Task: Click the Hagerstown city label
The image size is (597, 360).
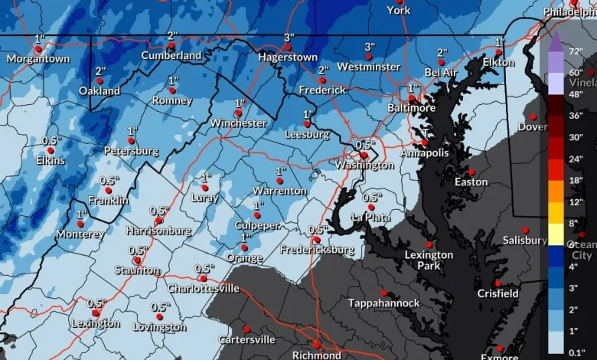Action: [287, 57]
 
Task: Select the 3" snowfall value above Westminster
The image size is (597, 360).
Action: [370, 47]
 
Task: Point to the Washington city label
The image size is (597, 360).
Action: [364, 165]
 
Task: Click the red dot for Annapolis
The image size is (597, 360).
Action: [424, 142]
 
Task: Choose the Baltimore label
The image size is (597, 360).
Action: [411, 108]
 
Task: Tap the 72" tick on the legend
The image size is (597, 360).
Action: [576, 50]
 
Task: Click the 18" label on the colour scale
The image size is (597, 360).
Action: [576, 180]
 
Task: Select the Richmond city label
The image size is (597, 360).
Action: [316, 355]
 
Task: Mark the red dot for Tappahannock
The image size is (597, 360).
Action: [383, 292]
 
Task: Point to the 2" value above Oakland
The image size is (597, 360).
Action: [100, 71]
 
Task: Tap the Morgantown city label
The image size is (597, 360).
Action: [38, 59]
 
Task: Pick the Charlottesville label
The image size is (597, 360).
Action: [204, 289]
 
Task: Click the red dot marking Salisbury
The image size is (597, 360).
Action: [526, 230]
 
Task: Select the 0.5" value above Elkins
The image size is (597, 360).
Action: [51, 141]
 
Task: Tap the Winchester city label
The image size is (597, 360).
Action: [238, 123]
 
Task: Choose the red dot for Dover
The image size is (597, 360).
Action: [533, 116]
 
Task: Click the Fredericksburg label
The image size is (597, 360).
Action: [317, 250]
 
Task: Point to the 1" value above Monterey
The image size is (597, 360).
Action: [81, 214]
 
